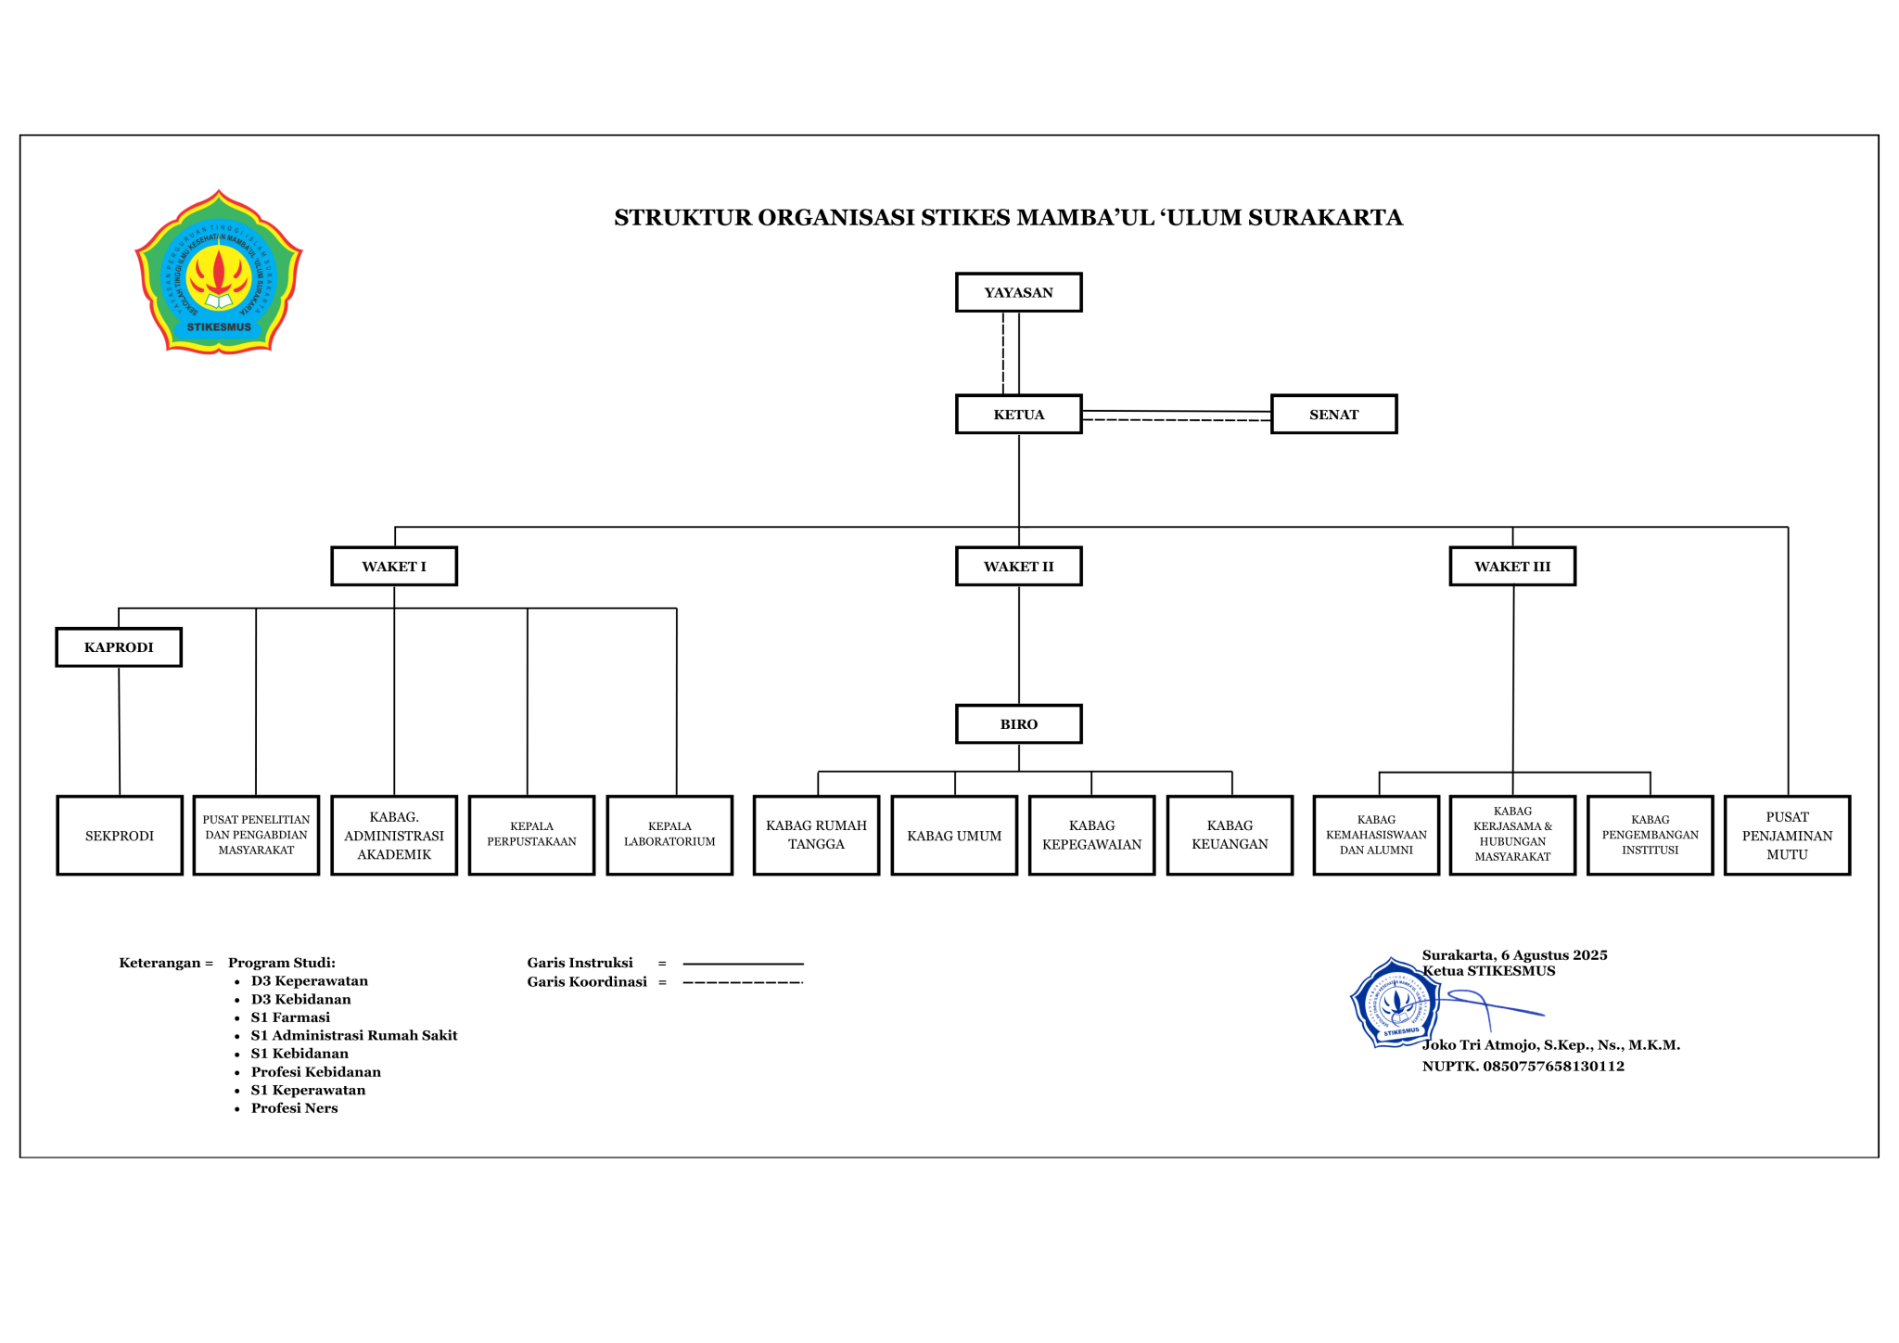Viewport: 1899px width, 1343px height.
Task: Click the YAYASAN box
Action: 1018,292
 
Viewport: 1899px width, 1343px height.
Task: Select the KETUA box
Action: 1018,414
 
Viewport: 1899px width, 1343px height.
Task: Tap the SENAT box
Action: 1333,414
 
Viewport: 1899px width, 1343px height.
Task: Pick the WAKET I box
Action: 394,566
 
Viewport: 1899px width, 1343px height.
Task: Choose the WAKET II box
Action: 1018,566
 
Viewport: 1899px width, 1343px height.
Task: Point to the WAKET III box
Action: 1512,566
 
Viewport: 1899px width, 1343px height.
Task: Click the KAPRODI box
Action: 119,646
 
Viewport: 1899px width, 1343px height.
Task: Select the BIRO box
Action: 1018,723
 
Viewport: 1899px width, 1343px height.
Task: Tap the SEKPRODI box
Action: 120,835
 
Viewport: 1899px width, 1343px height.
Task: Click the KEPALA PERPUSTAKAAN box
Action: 531,835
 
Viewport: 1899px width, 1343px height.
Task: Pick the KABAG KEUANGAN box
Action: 1230,835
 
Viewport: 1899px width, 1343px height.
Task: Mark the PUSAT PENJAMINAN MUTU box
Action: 1787,835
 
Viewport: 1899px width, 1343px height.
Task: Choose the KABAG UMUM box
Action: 954,835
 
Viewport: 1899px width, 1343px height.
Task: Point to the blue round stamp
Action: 1396,1003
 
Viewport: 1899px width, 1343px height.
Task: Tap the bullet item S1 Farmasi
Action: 290,1017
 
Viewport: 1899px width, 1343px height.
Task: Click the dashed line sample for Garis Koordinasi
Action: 743,982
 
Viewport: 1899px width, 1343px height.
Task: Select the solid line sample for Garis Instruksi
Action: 743,964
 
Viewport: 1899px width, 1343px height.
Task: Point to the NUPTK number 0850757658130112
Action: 1553,1066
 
